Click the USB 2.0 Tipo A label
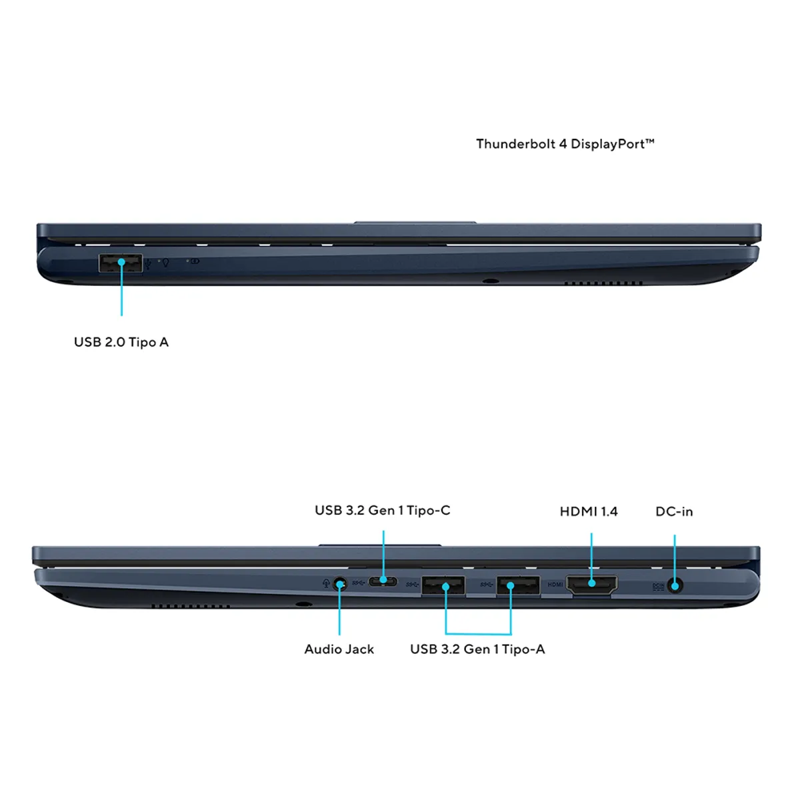click(x=121, y=342)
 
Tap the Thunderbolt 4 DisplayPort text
click(x=565, y=144)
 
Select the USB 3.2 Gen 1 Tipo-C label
click(x=383, y=510)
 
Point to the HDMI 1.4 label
click(x=589, y=511)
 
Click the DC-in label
click(x=674, y=511)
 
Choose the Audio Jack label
click(x=339, y=649)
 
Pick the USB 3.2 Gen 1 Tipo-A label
click(x=477, y=649)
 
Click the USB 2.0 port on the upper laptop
click(x=121, y=263)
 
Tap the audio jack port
click(x=340, y=585)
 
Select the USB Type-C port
click(x=383, y=581)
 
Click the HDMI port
click(x=591, y=585)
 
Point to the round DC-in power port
click(x=675, y=586)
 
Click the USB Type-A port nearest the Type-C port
click(x=443, y=585)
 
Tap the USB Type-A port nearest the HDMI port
click(x=518, y=585)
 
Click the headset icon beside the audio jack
click(x=326, y=584)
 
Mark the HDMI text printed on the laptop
click(x=555, y=585)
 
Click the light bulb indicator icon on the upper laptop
click(x=165, y=263)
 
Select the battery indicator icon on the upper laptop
click(x=195, y=261)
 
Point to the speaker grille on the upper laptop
click(x=603, y=283)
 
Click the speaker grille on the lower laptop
click(x=191, y=607)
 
